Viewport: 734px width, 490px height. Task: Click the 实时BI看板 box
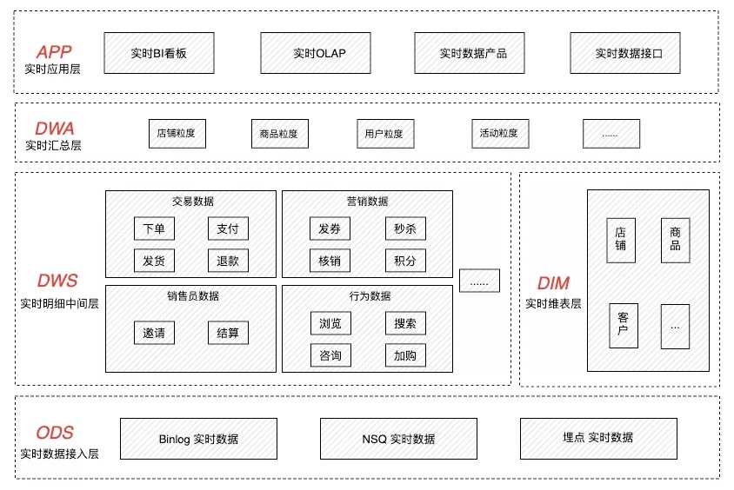[x=159, y=53]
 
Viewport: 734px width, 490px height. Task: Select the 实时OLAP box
[x=318, y=53]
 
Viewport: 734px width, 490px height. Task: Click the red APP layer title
[x=53, y=51]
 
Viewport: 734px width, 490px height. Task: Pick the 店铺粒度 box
[x=176, y=134]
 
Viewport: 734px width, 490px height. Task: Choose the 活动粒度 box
[x=498, y=134]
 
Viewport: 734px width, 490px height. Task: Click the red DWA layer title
[x=53, y=128]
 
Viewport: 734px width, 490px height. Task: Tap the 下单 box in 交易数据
[x=154, y=228]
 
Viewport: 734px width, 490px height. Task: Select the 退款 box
[x=228, y=260]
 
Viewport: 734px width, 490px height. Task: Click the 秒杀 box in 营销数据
[x=405, y=228]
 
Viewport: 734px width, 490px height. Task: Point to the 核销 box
[x=330, y=260]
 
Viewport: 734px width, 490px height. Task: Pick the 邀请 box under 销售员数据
[x=154, y=333]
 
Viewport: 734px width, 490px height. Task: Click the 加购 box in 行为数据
[x=405, y=354]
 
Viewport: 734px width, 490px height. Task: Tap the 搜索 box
[x=405, y=323]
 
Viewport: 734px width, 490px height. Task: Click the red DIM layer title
[x=553, y=283]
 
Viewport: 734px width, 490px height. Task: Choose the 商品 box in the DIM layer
[x=675, y=240]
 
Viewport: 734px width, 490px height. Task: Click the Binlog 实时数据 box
[x=199, y=439]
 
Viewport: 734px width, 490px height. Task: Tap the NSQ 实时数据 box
[x=398, y=439]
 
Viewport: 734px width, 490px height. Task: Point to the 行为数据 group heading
[x=367, y=296]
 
